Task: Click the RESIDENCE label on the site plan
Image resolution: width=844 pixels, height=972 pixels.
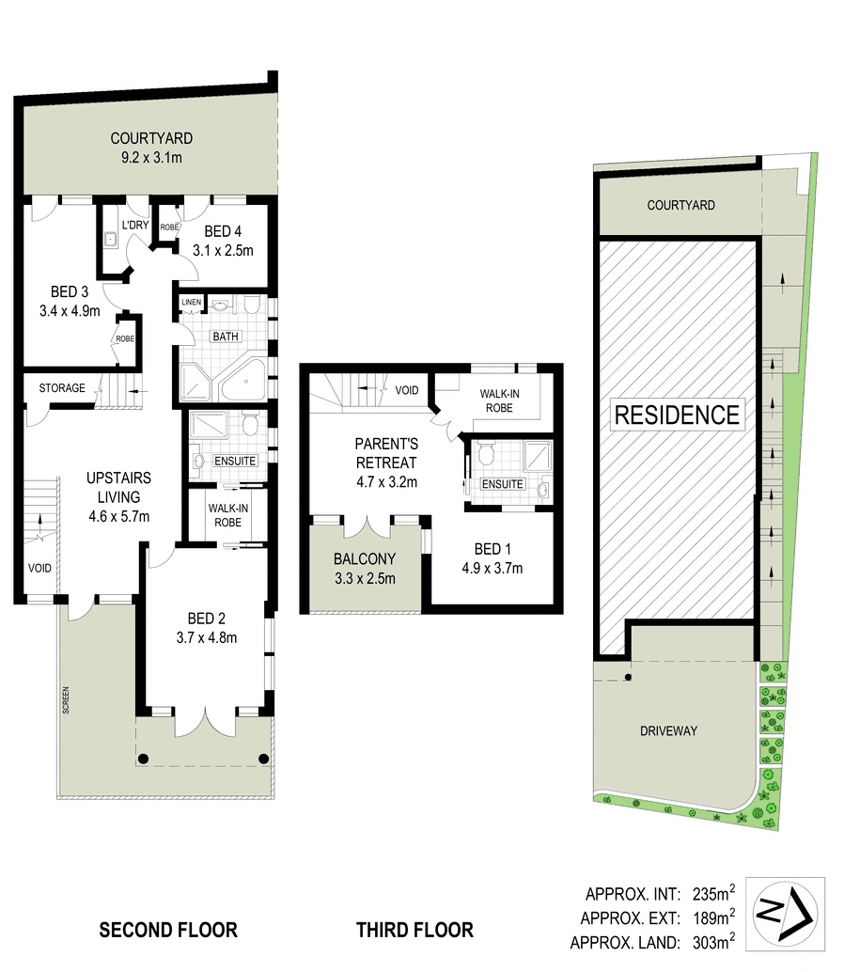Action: pyautogui.click(x=677, y=415)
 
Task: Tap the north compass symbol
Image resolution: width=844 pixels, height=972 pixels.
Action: pyautogui.click(x=785, y=914)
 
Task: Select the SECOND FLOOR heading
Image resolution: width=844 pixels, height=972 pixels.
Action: pyautogui.click(x=168, y=930)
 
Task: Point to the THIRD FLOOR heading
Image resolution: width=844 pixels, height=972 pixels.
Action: pyautogui.click(x=414, y=930)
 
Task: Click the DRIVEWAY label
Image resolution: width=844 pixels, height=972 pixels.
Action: pyautogui.click(x=668, y=730)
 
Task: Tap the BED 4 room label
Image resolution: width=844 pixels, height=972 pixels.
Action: pyautogui.click(x=223, y=231)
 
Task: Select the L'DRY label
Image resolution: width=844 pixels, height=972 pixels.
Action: pyautogui.click(x=135, y=225)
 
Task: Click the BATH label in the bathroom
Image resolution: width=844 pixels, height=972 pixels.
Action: pyautogui.click(x=226, y=336)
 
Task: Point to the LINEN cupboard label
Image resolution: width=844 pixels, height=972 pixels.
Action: pyautogui.click(x=192, y=302)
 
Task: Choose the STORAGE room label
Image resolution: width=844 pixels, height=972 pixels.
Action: pyautogui.click(x=62, y=388)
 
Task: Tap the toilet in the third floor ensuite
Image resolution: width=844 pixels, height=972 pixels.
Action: pyautogui.click(x=485, y=454)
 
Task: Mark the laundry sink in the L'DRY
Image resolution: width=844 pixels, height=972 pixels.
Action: pyautogui.click(x=110, y=239)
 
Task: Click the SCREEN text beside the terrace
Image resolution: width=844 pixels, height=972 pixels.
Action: pyautogui.click(x=66, y=700)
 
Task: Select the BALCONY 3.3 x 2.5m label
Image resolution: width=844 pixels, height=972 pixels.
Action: pyautogui.click(x=365, y=569)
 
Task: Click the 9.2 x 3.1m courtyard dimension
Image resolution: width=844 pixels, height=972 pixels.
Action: pyautogui.click(x=152, y=157)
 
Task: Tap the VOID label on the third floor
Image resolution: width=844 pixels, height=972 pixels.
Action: pyautogui.click(x=407, y=390)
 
